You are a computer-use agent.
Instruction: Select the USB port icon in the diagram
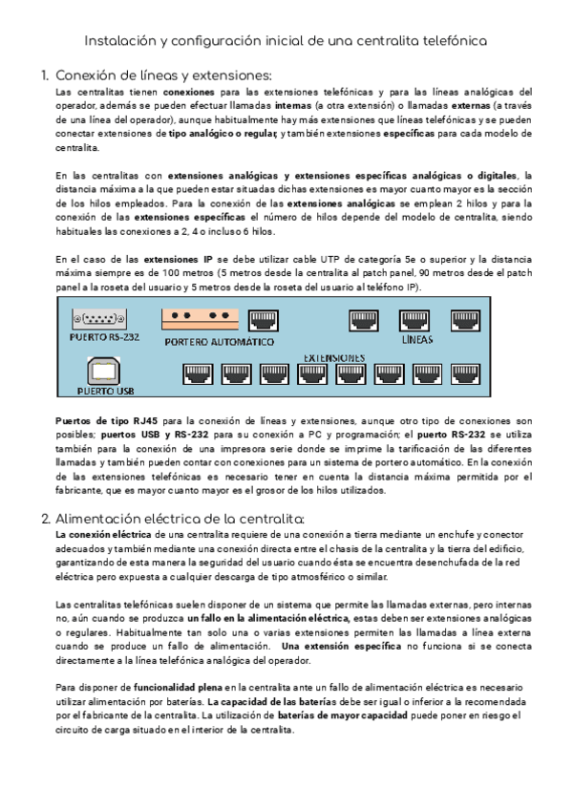point(103,371)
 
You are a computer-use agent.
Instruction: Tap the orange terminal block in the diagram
point(200,317)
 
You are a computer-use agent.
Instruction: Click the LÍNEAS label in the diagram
point(416,339)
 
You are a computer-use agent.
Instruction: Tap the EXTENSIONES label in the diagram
point(334,357)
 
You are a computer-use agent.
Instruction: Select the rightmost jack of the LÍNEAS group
point(465,320)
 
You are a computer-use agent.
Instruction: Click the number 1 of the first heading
point(44,76)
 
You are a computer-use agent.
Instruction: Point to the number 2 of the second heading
point(44,519)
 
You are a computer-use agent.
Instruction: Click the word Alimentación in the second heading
point(100,519)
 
